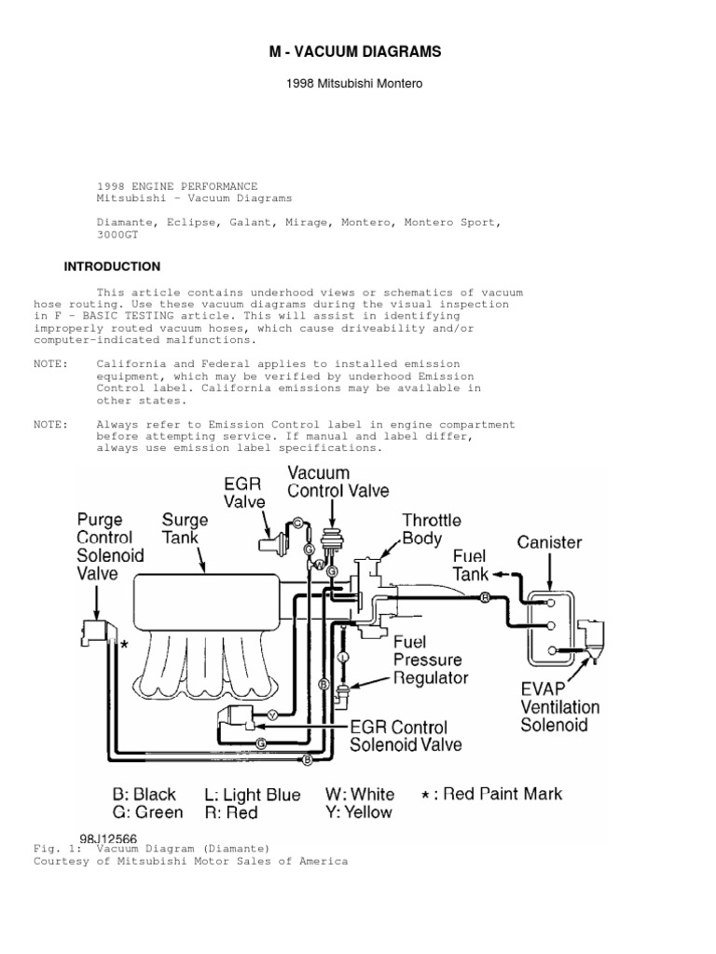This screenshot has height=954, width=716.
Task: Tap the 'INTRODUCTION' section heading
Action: tap(112, 266)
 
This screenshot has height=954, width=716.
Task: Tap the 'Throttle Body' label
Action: tap(432, 528)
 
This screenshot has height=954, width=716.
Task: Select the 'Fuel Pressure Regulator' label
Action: tap(430, 660)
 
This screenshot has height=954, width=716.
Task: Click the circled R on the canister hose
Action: tap(485, 597)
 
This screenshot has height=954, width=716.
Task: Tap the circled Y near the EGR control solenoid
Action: tap(272, 715)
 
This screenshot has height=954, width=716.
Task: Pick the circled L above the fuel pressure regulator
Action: tap(343, 657)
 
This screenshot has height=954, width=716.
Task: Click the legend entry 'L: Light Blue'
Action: tap(252, 795)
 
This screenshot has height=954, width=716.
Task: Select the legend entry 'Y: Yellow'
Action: tap(359, 811)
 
